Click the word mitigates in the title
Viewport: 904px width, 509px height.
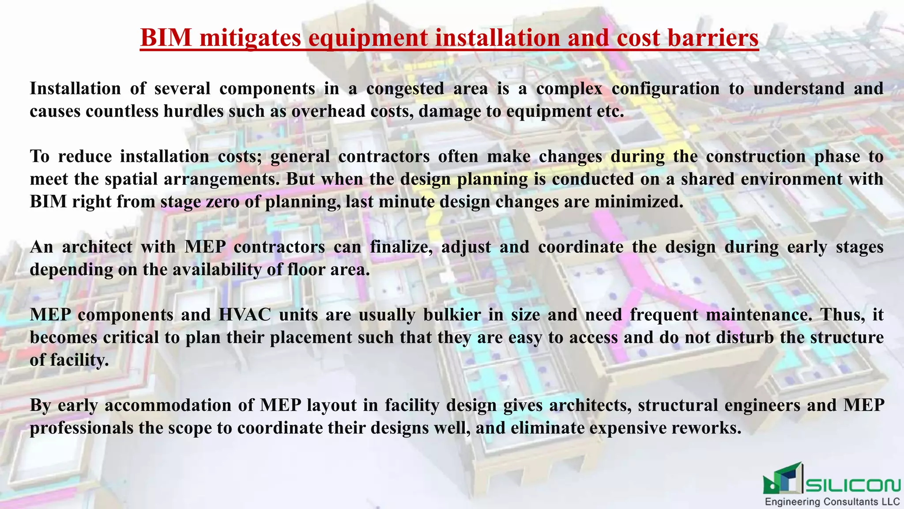(250, 38)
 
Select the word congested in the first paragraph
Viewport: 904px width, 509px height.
(405, 88)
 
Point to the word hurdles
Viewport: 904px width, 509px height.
(193, 111)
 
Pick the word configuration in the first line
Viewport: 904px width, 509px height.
(666, 88)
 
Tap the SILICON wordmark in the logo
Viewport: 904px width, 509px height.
(853, 485)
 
